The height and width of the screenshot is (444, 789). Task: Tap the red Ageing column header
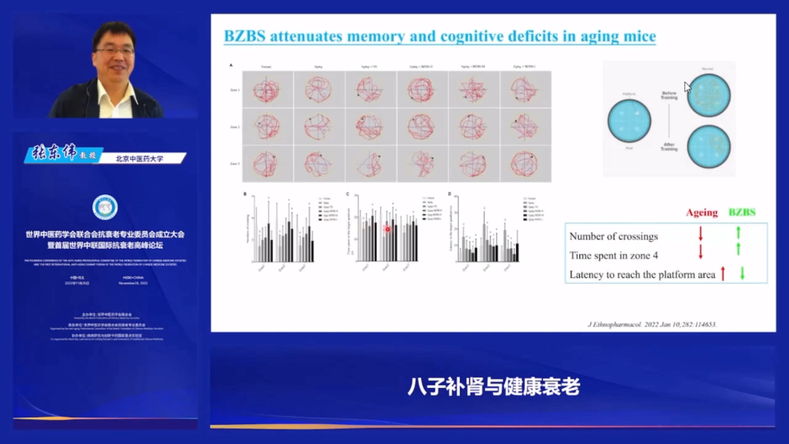coord(701,213)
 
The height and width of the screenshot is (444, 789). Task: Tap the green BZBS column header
coord(742,213)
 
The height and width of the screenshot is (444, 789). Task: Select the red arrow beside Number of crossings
coord(701,234)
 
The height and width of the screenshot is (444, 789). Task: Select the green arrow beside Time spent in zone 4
coord(739,249)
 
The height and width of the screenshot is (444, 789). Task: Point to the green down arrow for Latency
coord(742,273)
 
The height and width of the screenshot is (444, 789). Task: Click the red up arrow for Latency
coord(723,273)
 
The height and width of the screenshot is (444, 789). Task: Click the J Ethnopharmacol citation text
coord(652,324)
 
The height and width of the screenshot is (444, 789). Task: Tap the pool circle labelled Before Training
coord(708,95)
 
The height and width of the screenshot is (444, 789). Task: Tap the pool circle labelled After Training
coord(708,147)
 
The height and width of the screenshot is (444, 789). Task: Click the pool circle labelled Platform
coord(629,120)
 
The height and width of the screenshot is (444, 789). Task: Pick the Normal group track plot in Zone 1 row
coord(267,90)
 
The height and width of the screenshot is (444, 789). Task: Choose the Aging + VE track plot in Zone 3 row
coord(370,164)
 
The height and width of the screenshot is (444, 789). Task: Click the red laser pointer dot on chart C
coord(387,229)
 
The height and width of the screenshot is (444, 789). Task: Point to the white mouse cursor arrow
coord(687,87)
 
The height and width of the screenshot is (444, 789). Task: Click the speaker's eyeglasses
coord(114,50)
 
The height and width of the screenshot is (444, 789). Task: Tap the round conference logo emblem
coord(105,208)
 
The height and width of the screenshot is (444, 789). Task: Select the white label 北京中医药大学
coord(139,159)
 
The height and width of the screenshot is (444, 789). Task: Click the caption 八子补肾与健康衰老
coord(493,387)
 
